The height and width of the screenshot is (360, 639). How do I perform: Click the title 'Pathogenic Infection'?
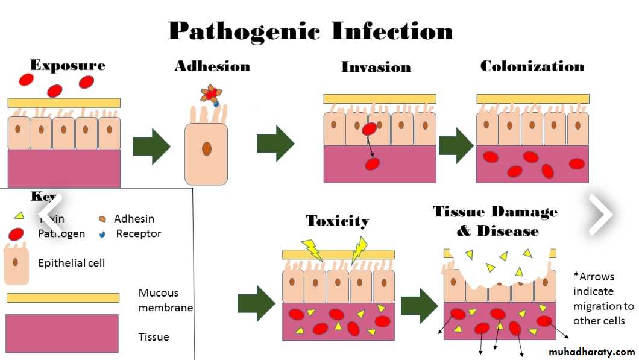click(x=310, y=31)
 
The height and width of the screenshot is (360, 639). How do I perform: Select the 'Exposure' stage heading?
click(x=68, y=65)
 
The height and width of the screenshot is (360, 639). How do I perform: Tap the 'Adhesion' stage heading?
click(x=212, y=66)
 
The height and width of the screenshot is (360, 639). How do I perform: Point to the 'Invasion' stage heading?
click(x=376, y=67)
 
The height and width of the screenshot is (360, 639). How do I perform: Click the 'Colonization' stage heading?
click(x=532, y=66)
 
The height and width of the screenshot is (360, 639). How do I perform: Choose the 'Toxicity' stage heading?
click(x=337, y=221)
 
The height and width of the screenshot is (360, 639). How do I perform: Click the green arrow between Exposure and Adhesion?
click(x=151, y=146)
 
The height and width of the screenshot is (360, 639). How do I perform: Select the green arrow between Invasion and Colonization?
click(x=456, y=145)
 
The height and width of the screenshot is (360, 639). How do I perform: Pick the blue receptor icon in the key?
click(x=102, y=233)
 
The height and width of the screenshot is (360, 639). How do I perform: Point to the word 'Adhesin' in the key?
click(x=134, y=219)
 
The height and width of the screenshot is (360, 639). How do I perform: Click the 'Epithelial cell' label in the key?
click(x=71, y=263)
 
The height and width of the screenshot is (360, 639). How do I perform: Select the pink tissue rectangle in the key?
click(x=61, y=333)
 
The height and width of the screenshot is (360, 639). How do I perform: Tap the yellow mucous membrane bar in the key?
click(x=63, y=297)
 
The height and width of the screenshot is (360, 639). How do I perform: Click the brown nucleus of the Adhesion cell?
click(x=207, y=148)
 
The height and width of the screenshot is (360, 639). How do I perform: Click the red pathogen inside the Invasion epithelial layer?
click(x=368, y=128)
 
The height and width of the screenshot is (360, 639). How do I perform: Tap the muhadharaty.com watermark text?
click(x=592, y=352)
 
